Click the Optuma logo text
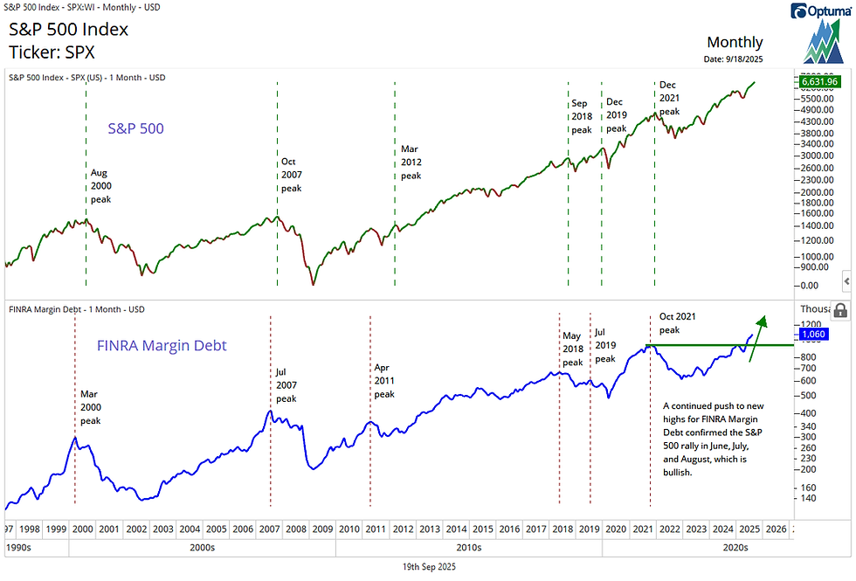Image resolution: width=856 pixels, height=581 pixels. click(821, 11)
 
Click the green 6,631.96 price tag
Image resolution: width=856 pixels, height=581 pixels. click(818, 82)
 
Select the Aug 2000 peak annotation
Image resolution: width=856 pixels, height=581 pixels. click(101, 186)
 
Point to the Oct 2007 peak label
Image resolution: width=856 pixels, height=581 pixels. click(292, 175)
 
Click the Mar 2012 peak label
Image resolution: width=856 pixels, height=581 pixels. click(411, 163)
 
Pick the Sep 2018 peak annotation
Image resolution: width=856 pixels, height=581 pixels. click(582, 116)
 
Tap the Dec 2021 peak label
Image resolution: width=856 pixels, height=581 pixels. click(669, 98)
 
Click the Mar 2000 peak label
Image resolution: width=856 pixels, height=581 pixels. click(91, 406)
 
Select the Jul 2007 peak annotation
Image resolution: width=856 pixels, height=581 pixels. click(286, 385)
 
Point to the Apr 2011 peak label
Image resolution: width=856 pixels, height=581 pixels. click(384, 381)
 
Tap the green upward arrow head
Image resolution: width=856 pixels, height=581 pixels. click(763, 320)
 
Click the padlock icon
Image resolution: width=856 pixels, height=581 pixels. click(839, 310)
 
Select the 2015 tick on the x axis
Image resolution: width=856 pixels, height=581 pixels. click(482, 529)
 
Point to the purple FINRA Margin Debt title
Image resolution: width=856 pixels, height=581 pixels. click(161, 346)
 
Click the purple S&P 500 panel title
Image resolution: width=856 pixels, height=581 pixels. click(135, 128)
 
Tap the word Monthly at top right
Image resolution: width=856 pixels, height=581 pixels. click(735, 42)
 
